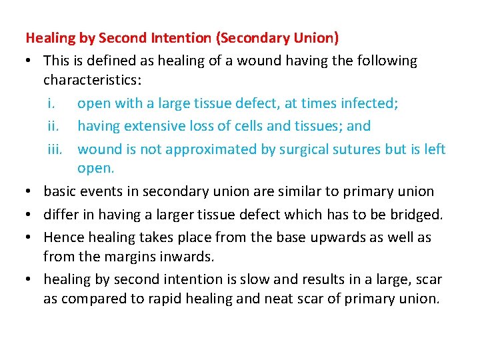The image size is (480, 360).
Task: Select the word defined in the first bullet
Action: pos(106,61)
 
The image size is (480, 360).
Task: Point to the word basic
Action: pos(59,191)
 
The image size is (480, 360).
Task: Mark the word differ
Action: pos(60,213)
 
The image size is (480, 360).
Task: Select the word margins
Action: pos(133,255)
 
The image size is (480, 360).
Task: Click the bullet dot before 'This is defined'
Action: pos(31,61)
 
